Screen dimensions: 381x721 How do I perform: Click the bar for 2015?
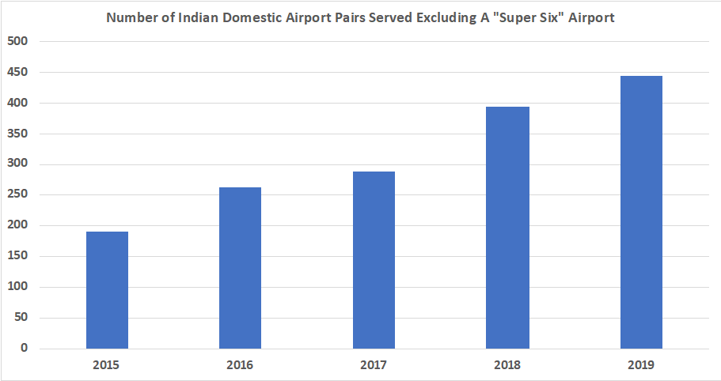coord(107,289)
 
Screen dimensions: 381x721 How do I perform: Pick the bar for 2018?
coord(507,227)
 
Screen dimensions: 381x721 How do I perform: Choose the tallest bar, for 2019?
coord(641,212)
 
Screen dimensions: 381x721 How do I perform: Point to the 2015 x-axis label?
coord(107,365)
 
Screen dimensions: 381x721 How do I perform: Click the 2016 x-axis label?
coord(240,365)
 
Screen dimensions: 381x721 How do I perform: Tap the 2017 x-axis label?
coord(374,365)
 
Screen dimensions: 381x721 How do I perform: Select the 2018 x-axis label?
coord(507,365)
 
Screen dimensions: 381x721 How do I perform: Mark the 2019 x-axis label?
coord(641,365)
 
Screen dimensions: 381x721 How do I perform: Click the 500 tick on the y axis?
coord(17,41)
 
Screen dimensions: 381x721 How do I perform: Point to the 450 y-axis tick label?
coord(17,72)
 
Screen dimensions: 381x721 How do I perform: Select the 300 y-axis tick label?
coord(17,164)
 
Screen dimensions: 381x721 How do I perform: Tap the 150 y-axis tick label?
coord(17,256)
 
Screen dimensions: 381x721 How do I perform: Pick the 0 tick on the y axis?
coord(24,349)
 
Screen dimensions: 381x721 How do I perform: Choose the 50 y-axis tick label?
coord(21,318)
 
